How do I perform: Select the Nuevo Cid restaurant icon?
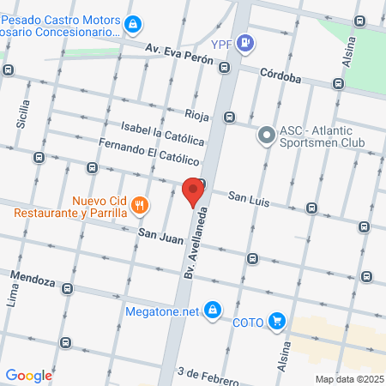pos(139,205)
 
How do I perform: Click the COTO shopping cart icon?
pos(276,322)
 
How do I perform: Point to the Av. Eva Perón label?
pos(178,51)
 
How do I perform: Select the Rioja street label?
pos(196,114)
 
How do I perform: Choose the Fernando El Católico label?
pos(148,152)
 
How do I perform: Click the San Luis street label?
pos(248,198)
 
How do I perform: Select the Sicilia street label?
pos(24,114)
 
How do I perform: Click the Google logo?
pos(28,375)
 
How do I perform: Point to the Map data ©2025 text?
pos(349,378)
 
